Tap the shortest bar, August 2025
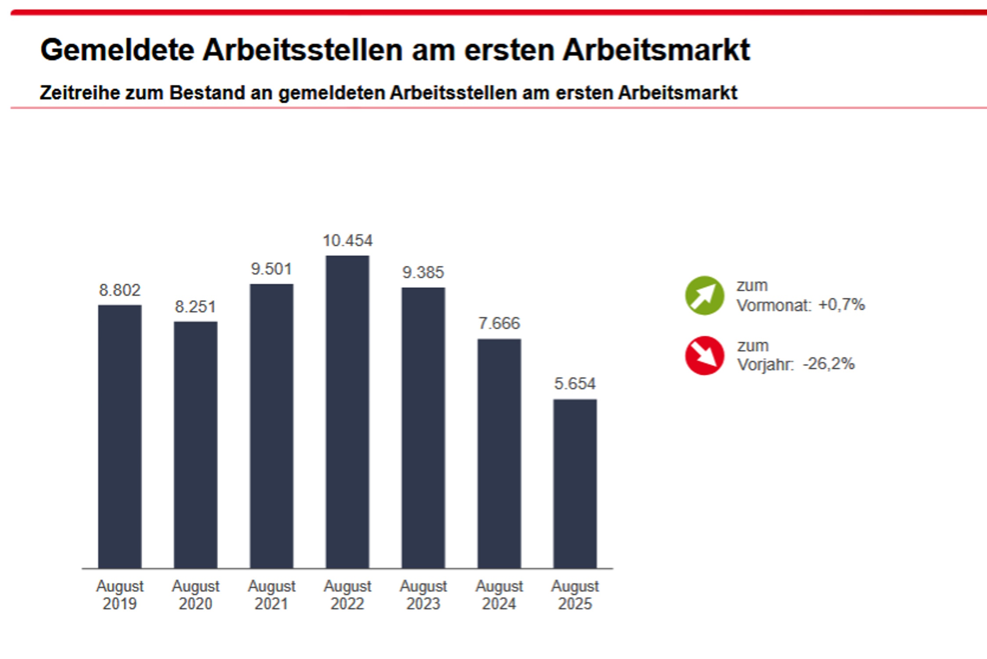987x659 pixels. point(575,483)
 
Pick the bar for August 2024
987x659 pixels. point(499,453)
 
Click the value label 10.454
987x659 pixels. point(347,241)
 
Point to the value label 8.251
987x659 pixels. point(195,307)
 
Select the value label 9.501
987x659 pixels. point(271,269)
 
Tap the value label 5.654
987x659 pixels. point(575,384)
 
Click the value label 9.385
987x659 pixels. point(423,272)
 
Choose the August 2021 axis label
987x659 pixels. point(271,595)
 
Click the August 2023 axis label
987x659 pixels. point(423,595)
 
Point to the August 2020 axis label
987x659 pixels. point(195,595)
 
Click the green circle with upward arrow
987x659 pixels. point(704,295)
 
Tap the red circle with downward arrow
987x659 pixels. point(704,355)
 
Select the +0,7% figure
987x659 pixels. point(842,304)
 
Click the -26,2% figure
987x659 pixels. point(828,364)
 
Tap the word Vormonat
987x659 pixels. point(774,305)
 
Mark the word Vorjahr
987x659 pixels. point(765,365)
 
